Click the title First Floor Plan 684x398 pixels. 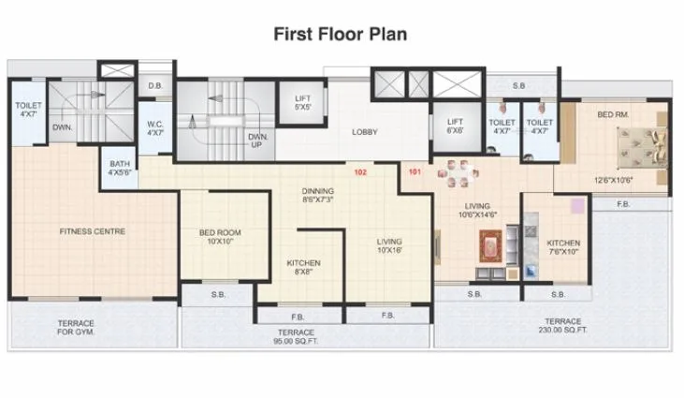pos(340,34)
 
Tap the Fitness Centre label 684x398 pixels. pos(93,230)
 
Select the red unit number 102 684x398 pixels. pos(359,172)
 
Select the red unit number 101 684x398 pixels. pos(415,172)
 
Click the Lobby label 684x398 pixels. pos(364,132)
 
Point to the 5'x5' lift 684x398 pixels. pos(302,103)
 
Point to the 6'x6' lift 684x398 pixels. pos(455,126)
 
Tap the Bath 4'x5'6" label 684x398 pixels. pos(120,168)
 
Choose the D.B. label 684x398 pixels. pos(155,87)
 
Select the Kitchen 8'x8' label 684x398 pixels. pos(303,268)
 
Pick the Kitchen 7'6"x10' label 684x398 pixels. pos(563,246)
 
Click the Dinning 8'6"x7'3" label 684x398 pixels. pos(318,194)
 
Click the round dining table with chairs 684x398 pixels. pos(459,174)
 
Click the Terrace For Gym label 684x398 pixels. pos(76,328)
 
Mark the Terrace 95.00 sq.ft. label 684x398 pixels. pos(296,337)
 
